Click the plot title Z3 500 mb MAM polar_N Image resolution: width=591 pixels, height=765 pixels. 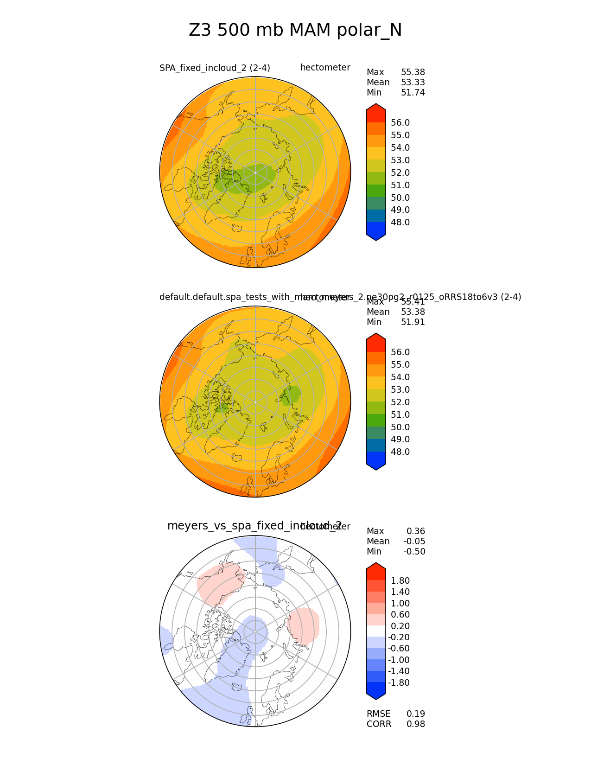click(295, 31)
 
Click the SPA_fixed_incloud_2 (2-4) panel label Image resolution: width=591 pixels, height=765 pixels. click(215, 68)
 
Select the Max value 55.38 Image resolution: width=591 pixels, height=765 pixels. click(413, 72)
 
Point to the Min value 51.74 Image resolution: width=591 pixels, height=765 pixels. click(413, 93)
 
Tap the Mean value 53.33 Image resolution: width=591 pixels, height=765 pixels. click(413, 83)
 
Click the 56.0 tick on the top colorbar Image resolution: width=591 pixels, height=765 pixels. click(400, 123)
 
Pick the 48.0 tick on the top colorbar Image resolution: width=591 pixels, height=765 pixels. click(400, 223)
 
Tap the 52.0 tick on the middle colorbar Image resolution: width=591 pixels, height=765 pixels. click(400, 402)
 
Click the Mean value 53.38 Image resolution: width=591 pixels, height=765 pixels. click(413, 312)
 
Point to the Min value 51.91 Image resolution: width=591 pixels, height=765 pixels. click(413, 322)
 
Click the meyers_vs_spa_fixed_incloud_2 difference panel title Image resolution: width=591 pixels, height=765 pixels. click(254, 526)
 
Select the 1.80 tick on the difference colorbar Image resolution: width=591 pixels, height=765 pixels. click(400, 581)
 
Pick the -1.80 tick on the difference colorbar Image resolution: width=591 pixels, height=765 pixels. click(399, 683)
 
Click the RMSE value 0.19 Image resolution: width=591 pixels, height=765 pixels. click(415, 714)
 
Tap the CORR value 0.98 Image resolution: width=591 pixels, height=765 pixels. click(415, 724)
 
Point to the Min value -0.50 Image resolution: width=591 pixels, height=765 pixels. click(414, 552)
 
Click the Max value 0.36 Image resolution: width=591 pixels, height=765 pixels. click(415, 531)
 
